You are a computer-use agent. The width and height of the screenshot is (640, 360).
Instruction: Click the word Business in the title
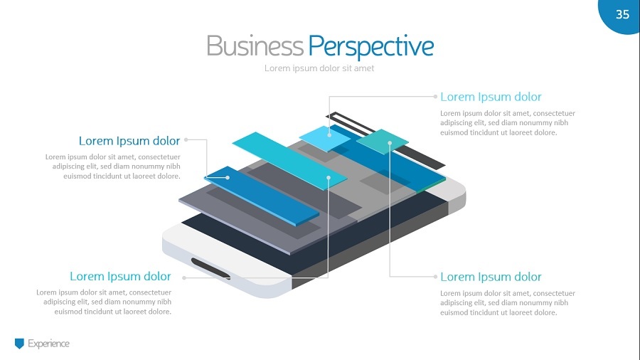pyautogui.click(x=255, y=46)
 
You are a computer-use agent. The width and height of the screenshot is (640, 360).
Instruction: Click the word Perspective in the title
pyautogui.click(x=371, y=47)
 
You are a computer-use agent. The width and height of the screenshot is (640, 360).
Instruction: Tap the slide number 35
pyautogui.click(x=622, y=14)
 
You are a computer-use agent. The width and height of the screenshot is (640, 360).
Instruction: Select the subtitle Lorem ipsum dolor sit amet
pyautogui.click(x=319, y=68)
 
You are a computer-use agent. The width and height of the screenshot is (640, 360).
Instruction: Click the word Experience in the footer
pyautogui.click(x=48, y=344)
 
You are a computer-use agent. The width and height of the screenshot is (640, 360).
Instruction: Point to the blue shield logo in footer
pyautogui.click(x=19, y=343)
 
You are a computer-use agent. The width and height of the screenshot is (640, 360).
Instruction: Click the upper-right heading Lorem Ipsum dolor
pyautogui.click(x=491, y=97)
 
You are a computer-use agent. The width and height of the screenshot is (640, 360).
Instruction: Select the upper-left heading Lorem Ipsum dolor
pyautogui.click(x=129, y=141)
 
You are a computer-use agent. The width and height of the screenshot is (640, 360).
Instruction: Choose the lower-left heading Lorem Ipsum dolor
pyautogui.click(x=120, y=276)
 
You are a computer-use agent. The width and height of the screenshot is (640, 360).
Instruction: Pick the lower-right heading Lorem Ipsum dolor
pyautogui.click(x=491, y=277)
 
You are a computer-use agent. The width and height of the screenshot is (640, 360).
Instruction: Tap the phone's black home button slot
pyautogui.click(x=210, y=268)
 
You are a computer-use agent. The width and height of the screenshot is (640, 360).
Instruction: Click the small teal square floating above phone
pyautogui.click(x=383, y=142)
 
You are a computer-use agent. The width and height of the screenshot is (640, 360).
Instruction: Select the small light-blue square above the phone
pyautogui.click(x=325, y=139)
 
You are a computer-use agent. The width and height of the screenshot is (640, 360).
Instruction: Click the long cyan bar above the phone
pyautogui.click(x=290, y=161)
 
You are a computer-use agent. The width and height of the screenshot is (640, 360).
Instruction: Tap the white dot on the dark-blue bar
pyautogui.click(x=228, y=178)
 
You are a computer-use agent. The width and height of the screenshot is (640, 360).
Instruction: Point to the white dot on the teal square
pyautogui.click(x=390, y=143)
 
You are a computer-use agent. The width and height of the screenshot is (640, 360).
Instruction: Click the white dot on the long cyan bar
pyautogui.click(x=329, y=178)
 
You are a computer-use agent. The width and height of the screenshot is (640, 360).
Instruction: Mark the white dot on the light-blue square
pyautogui.click(x=329, y=135)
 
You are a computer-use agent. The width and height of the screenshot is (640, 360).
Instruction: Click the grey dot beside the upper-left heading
pyautogui.click(x=186, y=139)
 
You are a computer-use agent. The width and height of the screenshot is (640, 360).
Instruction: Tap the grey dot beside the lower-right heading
pyautogui.click(x=435, y=276)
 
